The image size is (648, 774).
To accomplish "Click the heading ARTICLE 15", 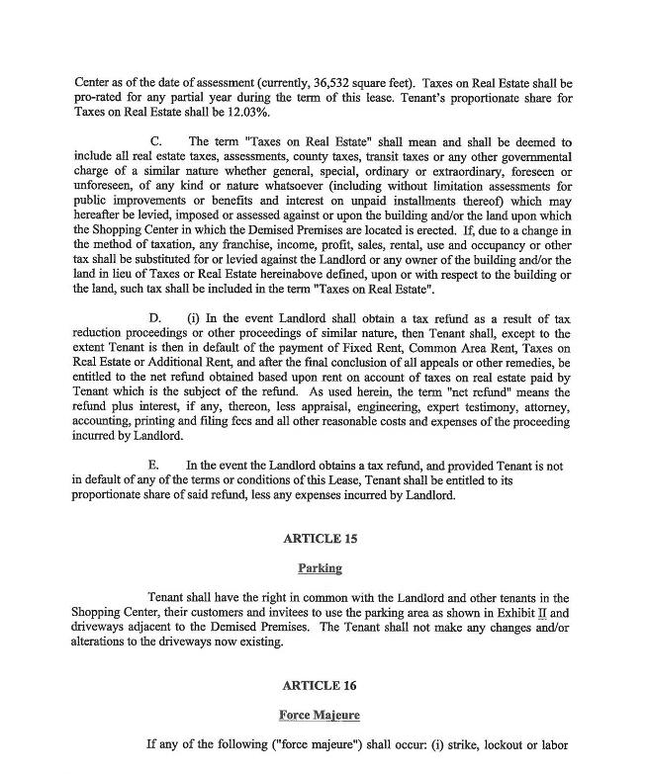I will click(320, 539).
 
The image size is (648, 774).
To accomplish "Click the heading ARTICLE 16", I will click(320, 685).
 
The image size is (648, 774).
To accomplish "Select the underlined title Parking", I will click(320, 568).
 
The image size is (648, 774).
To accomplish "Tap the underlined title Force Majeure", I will click(320, 715).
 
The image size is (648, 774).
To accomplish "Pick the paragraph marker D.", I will click(155, 317).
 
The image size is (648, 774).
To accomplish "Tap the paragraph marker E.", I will click(153, 464).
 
